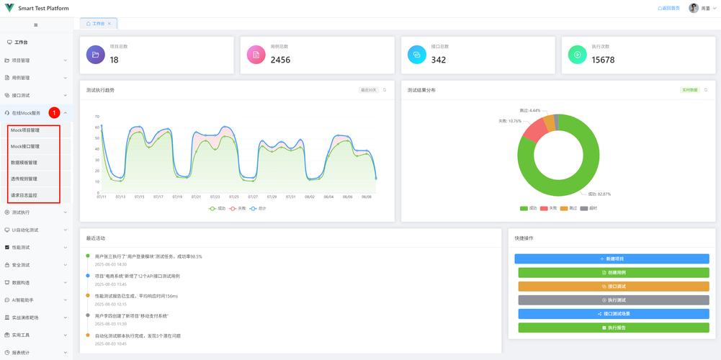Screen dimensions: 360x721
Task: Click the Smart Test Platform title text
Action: [43, 8]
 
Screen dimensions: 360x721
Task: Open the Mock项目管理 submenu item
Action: [25, 130]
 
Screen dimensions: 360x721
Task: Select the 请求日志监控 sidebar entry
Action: [24, 195]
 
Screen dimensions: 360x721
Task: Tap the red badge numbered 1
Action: [54, 113]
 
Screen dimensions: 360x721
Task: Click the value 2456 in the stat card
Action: [280, 60]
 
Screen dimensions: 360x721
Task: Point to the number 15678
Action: [603, 60]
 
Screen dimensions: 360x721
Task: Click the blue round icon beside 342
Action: [417, 55]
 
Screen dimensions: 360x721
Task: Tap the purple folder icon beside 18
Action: [95, 55]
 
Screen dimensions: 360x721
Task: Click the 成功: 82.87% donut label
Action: [599, 194]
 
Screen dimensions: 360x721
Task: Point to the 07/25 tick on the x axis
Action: [234, 197]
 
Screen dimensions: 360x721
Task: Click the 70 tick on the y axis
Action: [97, 117]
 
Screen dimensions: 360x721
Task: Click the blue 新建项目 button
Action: [612, 258]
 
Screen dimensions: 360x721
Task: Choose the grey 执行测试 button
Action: [614, 300]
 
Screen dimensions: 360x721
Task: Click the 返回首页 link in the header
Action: [668, 8]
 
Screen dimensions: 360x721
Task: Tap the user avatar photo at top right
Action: [694, 8]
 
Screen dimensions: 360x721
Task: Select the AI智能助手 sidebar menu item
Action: [23, 300]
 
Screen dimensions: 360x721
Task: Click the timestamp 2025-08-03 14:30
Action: [106, 264]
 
